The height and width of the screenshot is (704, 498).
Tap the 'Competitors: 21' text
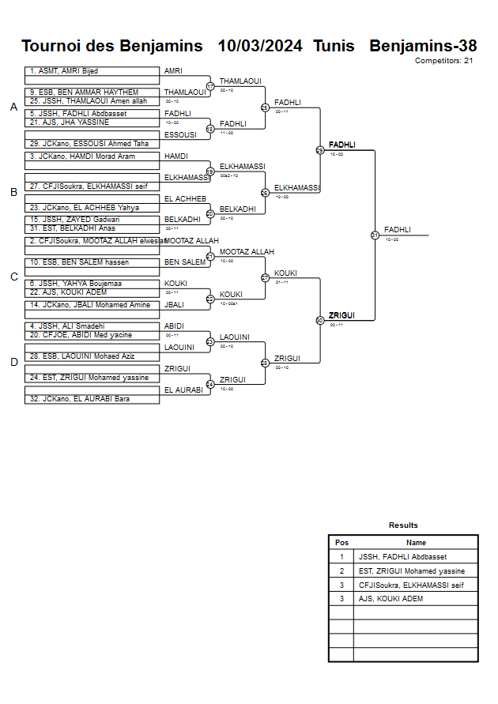[444, 60]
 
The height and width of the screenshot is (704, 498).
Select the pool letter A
[13, 107]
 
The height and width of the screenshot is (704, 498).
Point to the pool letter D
[13, 363]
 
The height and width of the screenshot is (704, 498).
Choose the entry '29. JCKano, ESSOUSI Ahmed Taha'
[89, 144]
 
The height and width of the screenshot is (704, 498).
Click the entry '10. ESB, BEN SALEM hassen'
[79, 262]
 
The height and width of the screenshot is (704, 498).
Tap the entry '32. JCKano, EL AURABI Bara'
[81, 399]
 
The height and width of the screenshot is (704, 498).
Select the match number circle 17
[210, 86]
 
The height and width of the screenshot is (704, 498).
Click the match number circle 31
[375, 235]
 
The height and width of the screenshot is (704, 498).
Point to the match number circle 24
[210, 385]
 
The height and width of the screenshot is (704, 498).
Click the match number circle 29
[320, 150]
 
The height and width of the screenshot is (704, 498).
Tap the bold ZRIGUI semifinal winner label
[341, 315]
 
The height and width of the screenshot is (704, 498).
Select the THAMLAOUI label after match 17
[240, 81]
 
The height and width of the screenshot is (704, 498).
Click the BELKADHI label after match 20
[237, 209]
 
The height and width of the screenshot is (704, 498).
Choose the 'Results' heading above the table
[403, 525]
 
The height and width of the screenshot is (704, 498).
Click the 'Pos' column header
[341, 543]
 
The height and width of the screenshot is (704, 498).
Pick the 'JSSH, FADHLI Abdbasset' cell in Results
[402, 557]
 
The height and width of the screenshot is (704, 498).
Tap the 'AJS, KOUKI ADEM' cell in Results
[390, 599]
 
